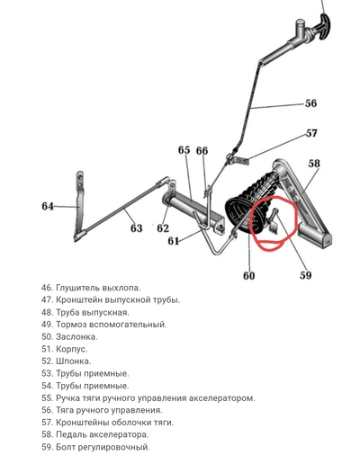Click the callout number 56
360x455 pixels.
pos(310,103)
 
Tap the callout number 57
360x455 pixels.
pos(311,133)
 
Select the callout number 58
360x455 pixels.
pos(314,164)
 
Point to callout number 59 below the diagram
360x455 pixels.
pos(306,275)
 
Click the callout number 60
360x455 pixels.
pos(249,275)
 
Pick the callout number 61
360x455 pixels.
pos(174,241)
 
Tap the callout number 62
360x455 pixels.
pos(163,228)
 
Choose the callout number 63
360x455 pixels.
pos(136,228)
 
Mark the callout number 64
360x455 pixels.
pos(48,206)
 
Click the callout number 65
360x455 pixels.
pos(184,150)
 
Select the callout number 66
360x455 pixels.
pos(202,150)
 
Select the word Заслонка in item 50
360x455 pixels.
pos(76,336)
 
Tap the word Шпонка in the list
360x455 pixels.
pos(74,361)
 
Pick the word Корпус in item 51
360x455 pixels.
pos(72,349)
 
